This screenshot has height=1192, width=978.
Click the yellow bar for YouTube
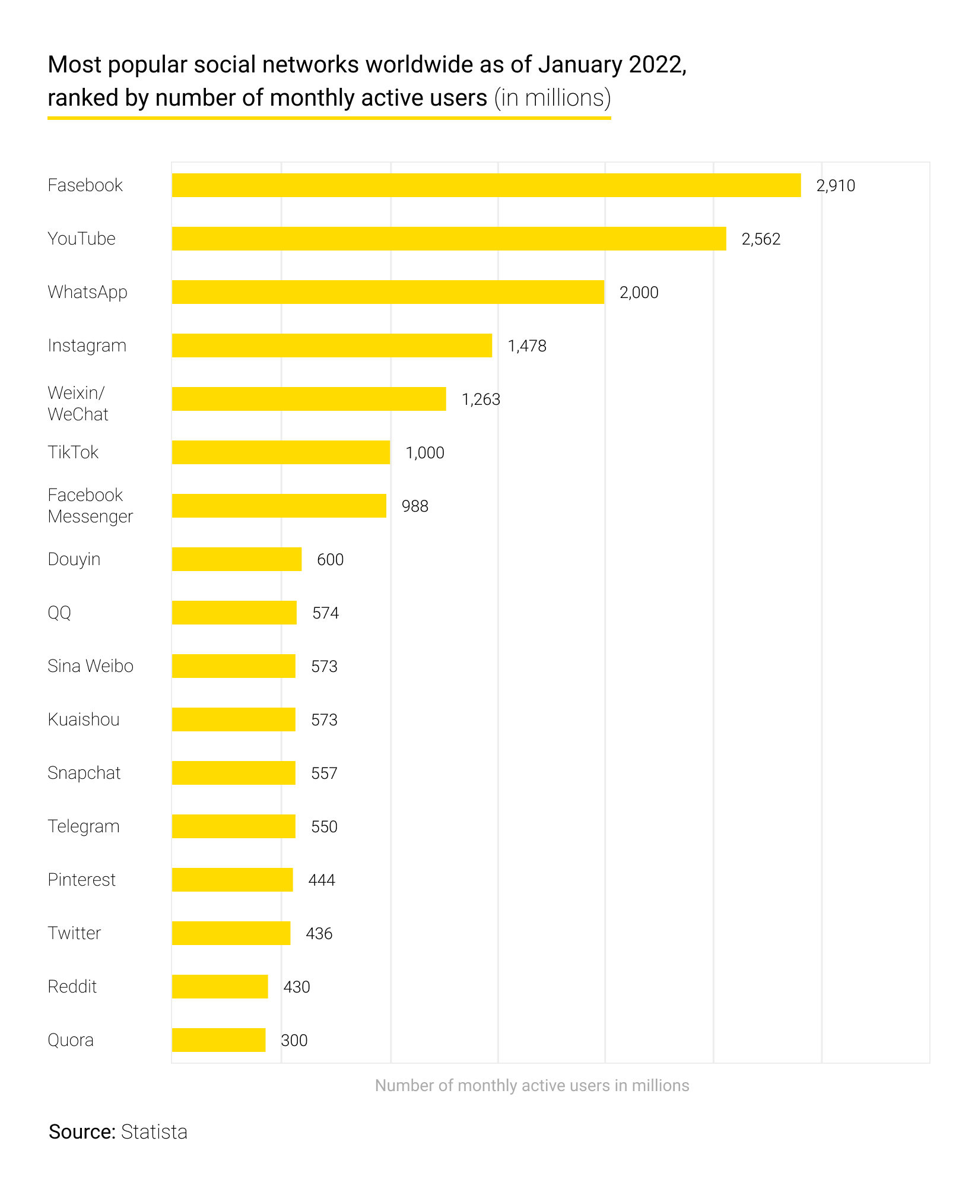[x=449, y=239]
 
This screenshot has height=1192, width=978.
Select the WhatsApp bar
[x=388, y=292]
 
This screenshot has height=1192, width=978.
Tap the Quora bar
[x=218, y=1040]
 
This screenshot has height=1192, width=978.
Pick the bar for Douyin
[x=236, y=559]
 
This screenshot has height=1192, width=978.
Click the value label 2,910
[x=836, y=186]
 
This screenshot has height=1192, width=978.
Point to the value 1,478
[x=527, y=346]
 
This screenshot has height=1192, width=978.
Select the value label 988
[x=415, y=506]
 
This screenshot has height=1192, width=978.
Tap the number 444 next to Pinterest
[x=322, y=880]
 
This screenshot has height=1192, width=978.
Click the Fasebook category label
[x=85, y=185]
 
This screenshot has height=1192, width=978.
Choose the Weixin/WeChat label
[x=77, y=404]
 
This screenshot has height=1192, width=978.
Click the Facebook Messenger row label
[x=90, y=506]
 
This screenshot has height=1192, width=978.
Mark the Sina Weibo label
[x=90, y=666]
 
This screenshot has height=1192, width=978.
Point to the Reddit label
[x=72, y=987]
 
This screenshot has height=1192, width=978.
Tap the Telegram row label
[x=84, y=826]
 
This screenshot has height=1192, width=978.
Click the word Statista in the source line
[x=154, y=1132]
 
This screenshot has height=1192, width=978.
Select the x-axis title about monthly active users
[x=532, y=1086]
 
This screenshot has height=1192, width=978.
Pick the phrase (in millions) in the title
[x=552, y=98]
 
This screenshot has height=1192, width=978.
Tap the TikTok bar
[x=281, y=452]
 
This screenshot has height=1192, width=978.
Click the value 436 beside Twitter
[x=319, y=934]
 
